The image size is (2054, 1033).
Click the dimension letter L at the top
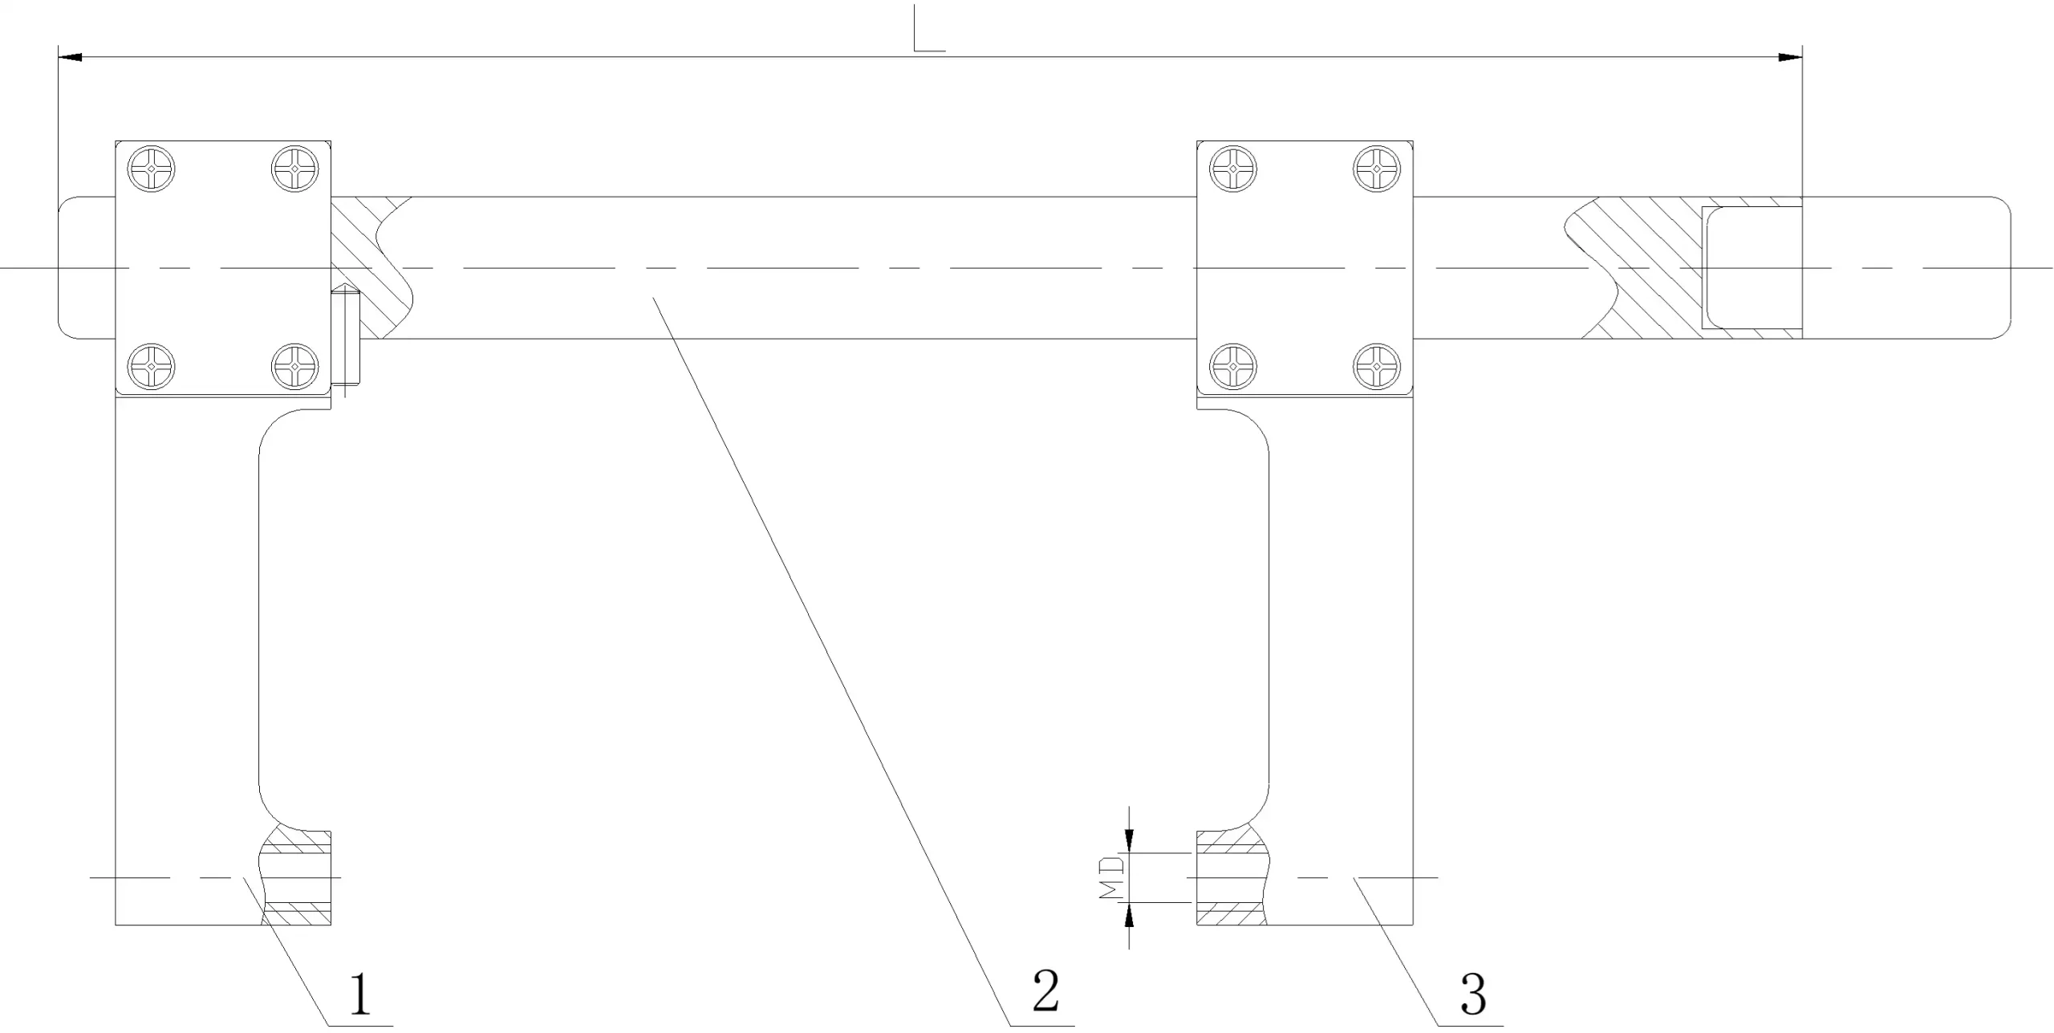pos(929,29)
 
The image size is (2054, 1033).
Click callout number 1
pos(360,994)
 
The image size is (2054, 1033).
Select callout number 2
pos(1045,990)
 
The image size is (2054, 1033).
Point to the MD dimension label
pos(1110,877)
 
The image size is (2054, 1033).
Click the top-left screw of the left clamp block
pos(152,169)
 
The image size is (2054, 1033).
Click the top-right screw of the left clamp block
pos(296,169)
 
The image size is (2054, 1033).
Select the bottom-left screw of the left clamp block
pos(152,367)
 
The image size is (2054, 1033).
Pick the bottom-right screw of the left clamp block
pos(296,367)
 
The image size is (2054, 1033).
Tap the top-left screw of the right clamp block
pos(1233,169)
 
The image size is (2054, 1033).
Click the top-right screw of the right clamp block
pos(1377,169)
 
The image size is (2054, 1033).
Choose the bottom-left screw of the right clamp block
pos(1233,367)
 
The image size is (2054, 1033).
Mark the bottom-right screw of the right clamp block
pos(1377,367)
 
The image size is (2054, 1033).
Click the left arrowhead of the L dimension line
pos(70,57)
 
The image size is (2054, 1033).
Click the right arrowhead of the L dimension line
pos(1791,57)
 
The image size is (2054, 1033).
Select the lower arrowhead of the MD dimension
pos(1129,914)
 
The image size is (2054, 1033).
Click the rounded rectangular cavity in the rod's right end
pos(1753,267)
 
